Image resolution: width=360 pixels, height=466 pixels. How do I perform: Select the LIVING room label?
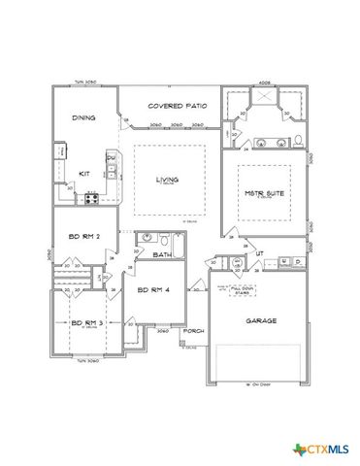169,179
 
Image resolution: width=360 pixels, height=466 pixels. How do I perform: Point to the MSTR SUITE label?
263,192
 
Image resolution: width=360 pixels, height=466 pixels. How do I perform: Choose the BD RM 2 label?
82,236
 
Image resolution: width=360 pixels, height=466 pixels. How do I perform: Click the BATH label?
163,255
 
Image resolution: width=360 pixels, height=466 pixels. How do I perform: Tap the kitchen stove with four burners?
92,199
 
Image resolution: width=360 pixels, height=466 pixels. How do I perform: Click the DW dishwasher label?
111,157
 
